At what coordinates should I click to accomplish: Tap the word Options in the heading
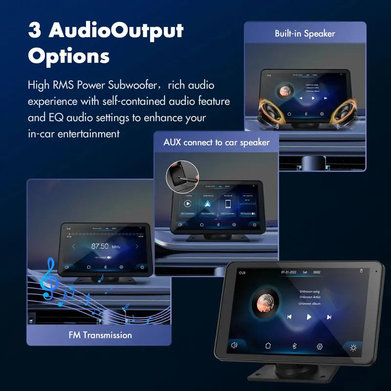pyautogui.click(x=68, y=56)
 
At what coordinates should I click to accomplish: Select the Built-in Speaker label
pyautogui.click(x=304, y=34)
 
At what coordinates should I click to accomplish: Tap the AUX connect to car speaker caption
pyautogui.click(x=216, y=143)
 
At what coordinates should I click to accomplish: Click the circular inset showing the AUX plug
pyautogui.click(x=182, y=177)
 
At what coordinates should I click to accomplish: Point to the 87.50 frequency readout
pyautogui.click(x=100, y=246)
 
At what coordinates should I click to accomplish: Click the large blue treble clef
pyautogui.click(x=48, y=279)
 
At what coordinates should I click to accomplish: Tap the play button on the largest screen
pyautogui.click(x=308, y=317)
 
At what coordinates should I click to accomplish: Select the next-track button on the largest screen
pyautogui.click(x=329, y=317)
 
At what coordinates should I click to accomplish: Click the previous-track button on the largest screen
pyautogui.click(x=289, y=316)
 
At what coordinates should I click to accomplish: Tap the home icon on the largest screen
pyautogui.click(x=268, y=346)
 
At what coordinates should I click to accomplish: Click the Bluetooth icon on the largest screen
pyautogui.click(x=294, y=346)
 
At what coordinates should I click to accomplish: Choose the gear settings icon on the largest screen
pyautogui.click(x=320, y=347)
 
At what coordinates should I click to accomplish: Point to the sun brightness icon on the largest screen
pyautogui.click(x=353, y=348)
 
